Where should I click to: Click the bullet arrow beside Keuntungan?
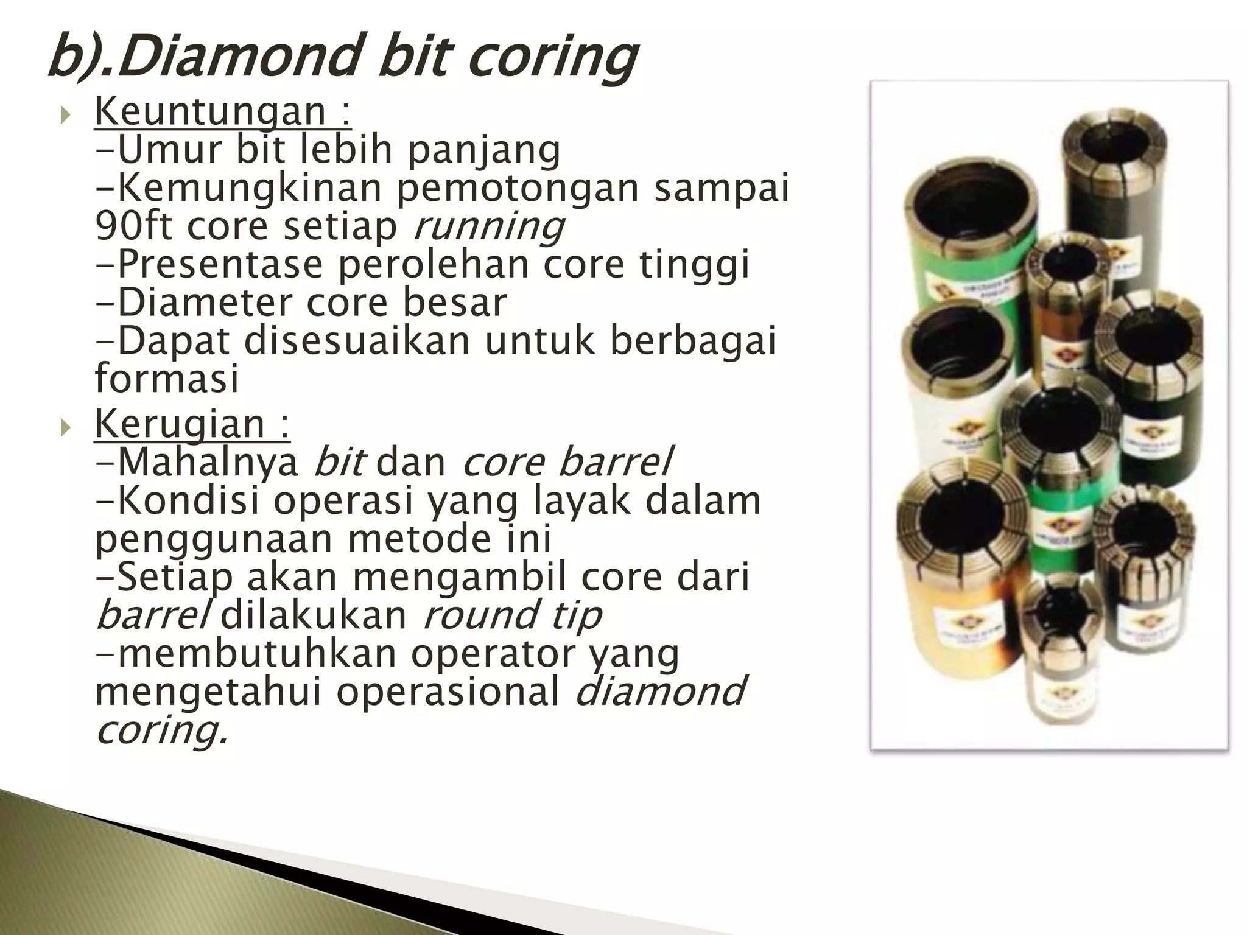66,114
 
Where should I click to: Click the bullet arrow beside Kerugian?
66,427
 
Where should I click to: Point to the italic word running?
489,226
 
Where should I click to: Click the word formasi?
167,378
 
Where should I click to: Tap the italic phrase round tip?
511,615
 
